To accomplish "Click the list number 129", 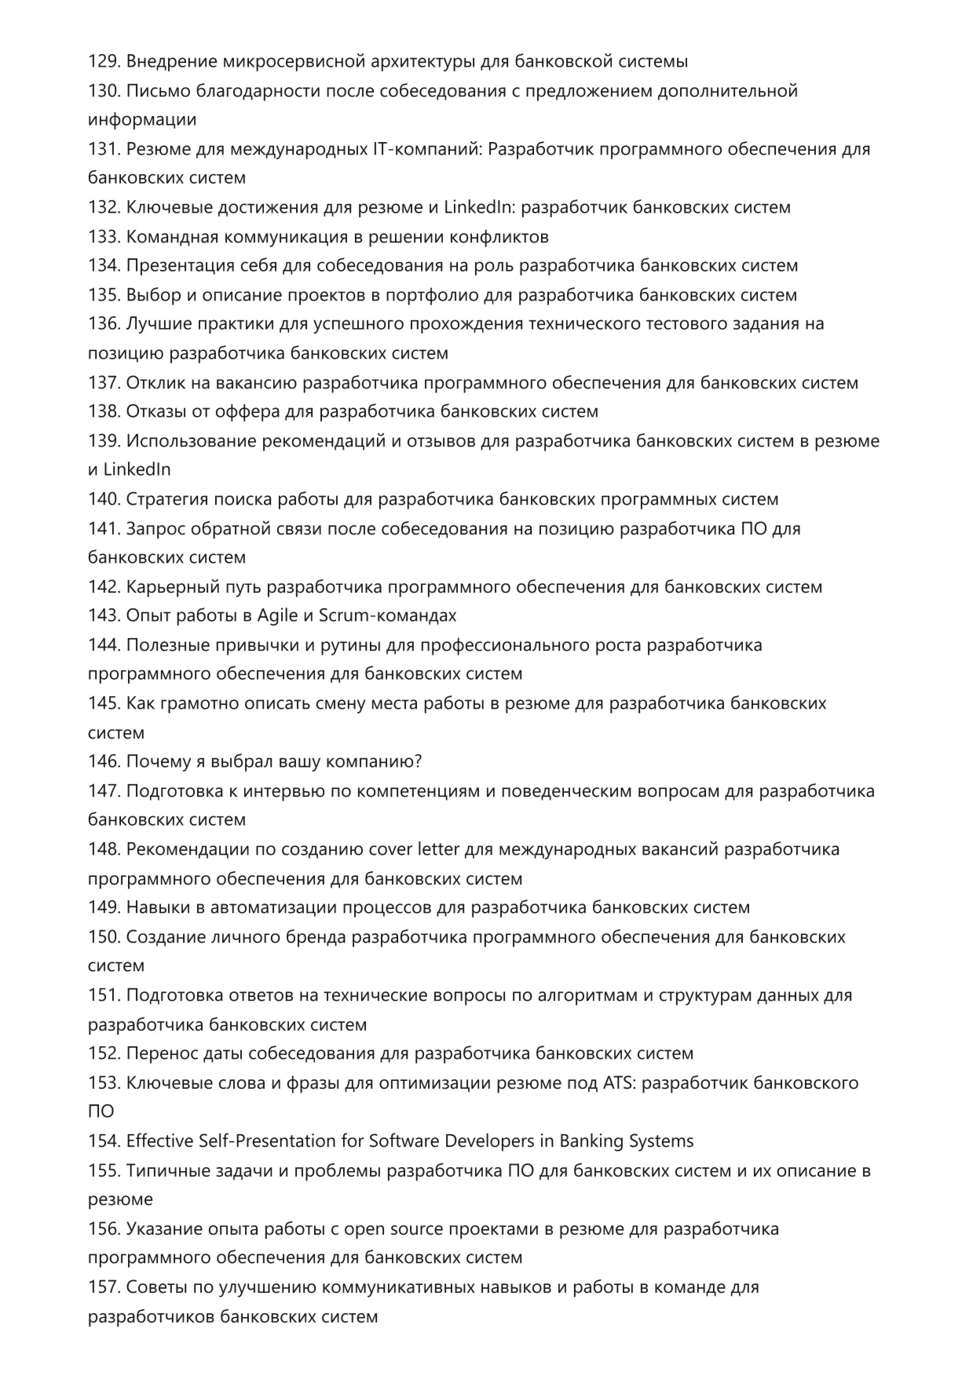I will [104, 61].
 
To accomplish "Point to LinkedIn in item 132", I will [479, 207].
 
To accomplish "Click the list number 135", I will [104, 295].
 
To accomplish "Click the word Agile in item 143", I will [278, 615].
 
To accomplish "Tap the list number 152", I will [104, 1053].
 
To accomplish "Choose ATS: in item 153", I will [620, 1083].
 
